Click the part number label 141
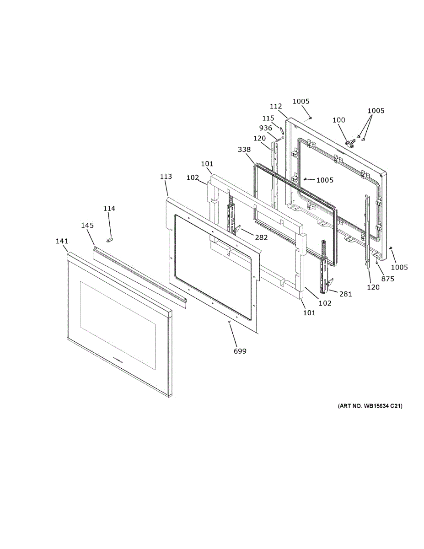point(62,241)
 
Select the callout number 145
point(87,226)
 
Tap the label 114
point(109,209)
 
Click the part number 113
point(166,176)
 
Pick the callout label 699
point(240,351)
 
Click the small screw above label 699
point(228,323)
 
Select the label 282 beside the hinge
point(262,237)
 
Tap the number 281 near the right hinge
point(346,294)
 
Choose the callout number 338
point(244,150)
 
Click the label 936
point(266,128)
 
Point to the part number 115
point(268,118)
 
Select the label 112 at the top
point(276,106)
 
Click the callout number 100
point(339,120)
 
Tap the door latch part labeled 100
point(350,143)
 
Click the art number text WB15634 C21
point(370,406)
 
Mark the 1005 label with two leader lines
point(376,110)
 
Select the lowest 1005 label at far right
point(399,267)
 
